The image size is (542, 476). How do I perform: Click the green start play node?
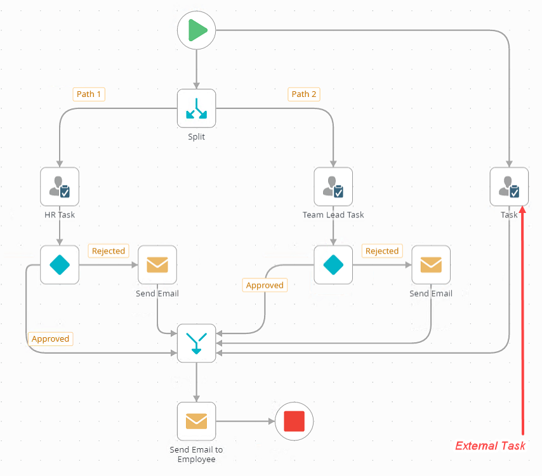197,30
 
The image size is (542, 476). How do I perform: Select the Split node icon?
196,108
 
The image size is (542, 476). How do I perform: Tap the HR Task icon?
60,186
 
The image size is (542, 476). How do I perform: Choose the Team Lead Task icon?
333,186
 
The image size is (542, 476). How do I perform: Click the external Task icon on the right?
509,186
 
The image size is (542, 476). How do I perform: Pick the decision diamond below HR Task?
60,265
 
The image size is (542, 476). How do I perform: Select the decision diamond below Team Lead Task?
333,265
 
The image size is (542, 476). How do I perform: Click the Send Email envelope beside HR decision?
157,265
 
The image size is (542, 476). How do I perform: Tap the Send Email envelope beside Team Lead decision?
431,265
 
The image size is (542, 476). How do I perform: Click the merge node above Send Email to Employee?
196,343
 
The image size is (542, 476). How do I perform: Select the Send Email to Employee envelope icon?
196,421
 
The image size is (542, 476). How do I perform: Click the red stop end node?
294,421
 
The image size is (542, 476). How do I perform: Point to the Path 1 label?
89,94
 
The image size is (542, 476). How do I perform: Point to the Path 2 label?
304,94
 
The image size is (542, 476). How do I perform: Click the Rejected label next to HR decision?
109,251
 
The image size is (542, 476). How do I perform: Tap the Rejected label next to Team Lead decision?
382,251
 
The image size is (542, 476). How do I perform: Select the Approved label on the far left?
50,338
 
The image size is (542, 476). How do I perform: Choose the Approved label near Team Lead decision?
265,285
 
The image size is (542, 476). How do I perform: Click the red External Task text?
490,446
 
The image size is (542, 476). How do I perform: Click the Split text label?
196,137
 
